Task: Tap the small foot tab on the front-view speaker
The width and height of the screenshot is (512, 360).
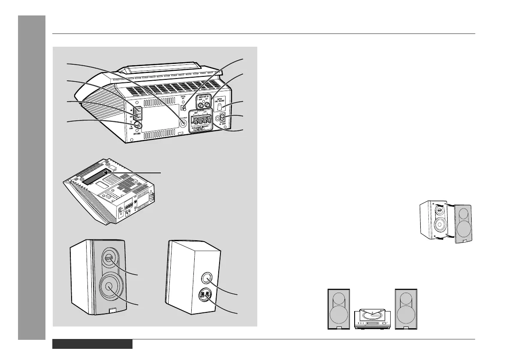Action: pos(112,310)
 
